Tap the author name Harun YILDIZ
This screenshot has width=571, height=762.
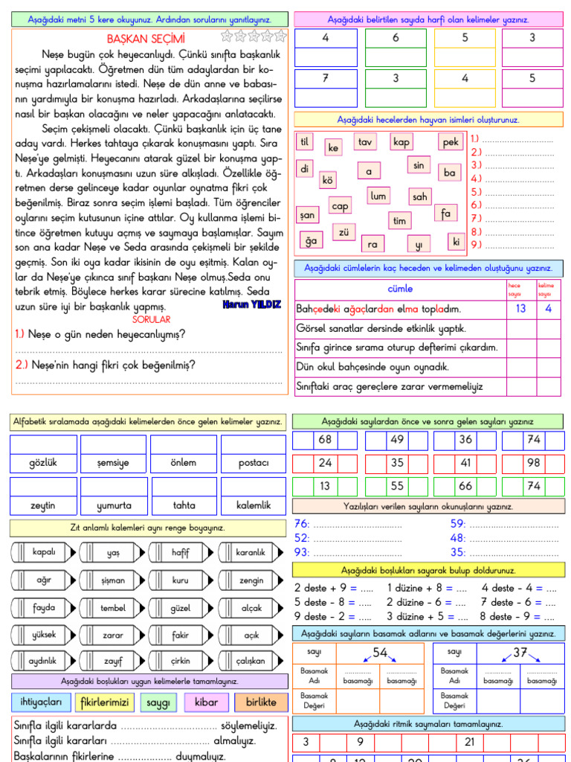click(x=251, y=305)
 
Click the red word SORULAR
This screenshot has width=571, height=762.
click(x=151, y=319)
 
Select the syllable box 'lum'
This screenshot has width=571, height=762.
click(x=378, y=196)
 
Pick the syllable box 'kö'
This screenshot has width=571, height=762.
click(x=327, y=179)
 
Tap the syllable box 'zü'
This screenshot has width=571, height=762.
click(x=343, y=232)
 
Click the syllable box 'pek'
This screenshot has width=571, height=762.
click(x=451, y=142)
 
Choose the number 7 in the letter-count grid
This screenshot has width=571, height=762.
click(x=325, y=78)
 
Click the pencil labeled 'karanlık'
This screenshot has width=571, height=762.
click(x=251, y=552)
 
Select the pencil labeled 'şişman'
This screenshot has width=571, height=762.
click(x=113, y=580)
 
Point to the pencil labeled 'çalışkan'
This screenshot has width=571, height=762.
click(x=251, y=661)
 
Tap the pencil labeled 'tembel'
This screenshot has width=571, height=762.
click(x=113, y=608)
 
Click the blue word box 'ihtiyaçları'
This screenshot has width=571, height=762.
click(x=41, y=702)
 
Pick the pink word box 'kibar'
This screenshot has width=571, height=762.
click(x=206, y=702)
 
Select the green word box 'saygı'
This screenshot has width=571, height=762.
click(x=158, y=702)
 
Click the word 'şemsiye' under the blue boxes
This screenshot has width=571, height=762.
click(x=113, y=462)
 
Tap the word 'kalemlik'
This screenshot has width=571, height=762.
click(x=253, y=505)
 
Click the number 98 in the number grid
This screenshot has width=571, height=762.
click(x=534, y=462)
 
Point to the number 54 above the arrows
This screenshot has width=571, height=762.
click(x=381, y=653)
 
